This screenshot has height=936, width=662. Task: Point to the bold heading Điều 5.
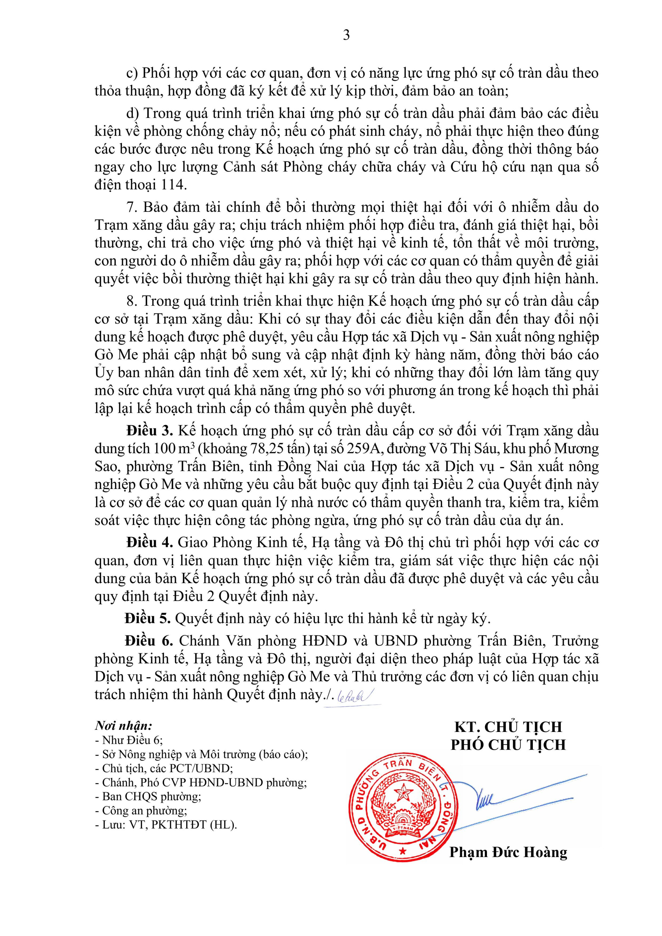point(148,618)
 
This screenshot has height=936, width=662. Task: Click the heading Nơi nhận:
point(124,726)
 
